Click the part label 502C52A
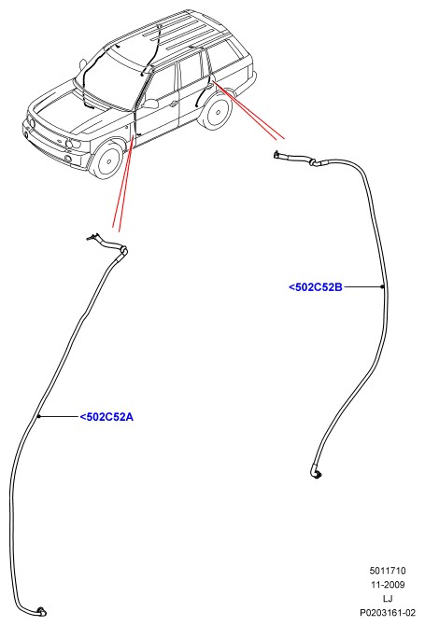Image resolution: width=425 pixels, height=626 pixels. click(x=106, y=417)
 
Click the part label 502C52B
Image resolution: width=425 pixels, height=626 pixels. click(x=316, y=286)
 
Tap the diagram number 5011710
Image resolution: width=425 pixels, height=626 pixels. click(x=387, y=571)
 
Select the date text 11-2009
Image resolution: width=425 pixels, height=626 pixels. click(x=387, y=584)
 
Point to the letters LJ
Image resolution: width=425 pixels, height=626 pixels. click(x=388, y=598)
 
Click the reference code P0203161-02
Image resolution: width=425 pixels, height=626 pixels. click(x=388, y=612)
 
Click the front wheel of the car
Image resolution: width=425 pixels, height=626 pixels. click(x=107, y=160)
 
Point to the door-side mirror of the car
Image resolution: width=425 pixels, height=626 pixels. click(x=150, y=104)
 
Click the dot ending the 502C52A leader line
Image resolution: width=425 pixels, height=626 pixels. click(x=39, y=416)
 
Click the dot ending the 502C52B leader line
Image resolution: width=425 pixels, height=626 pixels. click(x=382, y=286)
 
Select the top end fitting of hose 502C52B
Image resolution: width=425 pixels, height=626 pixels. click(x=277, y=154)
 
